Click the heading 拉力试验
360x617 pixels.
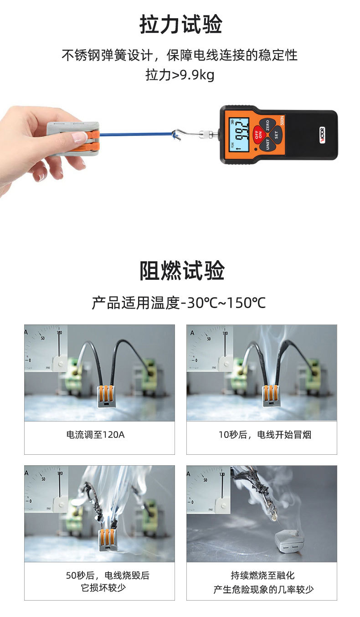click(180, 24)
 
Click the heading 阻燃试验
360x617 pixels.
click(181, 271)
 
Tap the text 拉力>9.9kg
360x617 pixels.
click(180, 75)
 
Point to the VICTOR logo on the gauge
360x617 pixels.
click(322, 135)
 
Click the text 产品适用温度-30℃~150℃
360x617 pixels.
click(179, 303)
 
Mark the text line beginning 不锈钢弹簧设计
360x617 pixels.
click(180, 56)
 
